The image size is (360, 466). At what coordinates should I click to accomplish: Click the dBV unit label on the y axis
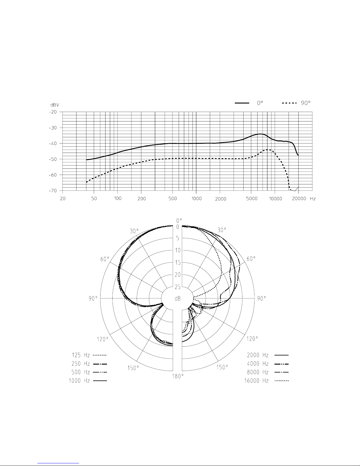[55, 105]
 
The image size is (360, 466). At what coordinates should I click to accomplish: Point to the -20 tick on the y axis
[53, 112]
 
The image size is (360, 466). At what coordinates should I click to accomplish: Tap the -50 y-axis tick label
[53, 159]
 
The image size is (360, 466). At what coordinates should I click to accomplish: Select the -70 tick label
[53, 191]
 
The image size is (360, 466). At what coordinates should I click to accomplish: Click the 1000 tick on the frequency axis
[197, 198]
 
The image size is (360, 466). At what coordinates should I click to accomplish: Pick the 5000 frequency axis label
[252, 198]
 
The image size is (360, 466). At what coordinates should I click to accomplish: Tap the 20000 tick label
[299, 198]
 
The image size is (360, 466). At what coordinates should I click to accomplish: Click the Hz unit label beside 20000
[313, 199]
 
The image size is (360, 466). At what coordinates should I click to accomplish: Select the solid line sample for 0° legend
[242, 103]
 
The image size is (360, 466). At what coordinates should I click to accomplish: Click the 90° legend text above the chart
[306, 103]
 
